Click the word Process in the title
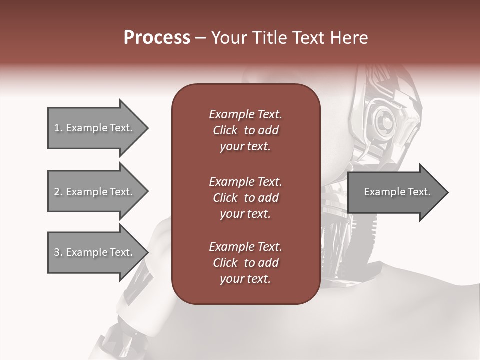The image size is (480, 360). point(157,37)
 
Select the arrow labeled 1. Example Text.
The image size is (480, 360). point(95,128)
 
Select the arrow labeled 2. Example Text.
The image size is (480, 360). point(95,192)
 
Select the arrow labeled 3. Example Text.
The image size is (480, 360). point(95,252)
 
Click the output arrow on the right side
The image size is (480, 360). point(395,192)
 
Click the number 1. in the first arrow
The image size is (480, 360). point(58,128)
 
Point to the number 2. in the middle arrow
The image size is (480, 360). point(58,192)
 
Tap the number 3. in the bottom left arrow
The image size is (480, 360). point(58,252)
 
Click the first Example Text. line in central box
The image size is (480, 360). point(245,114)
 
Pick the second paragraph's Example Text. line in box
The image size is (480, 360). point(245,181)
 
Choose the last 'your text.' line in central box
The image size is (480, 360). point(245,279)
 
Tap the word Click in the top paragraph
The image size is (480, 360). point(225,130)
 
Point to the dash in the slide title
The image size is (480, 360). point(200,38)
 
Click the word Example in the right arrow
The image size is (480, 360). point(380,192)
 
